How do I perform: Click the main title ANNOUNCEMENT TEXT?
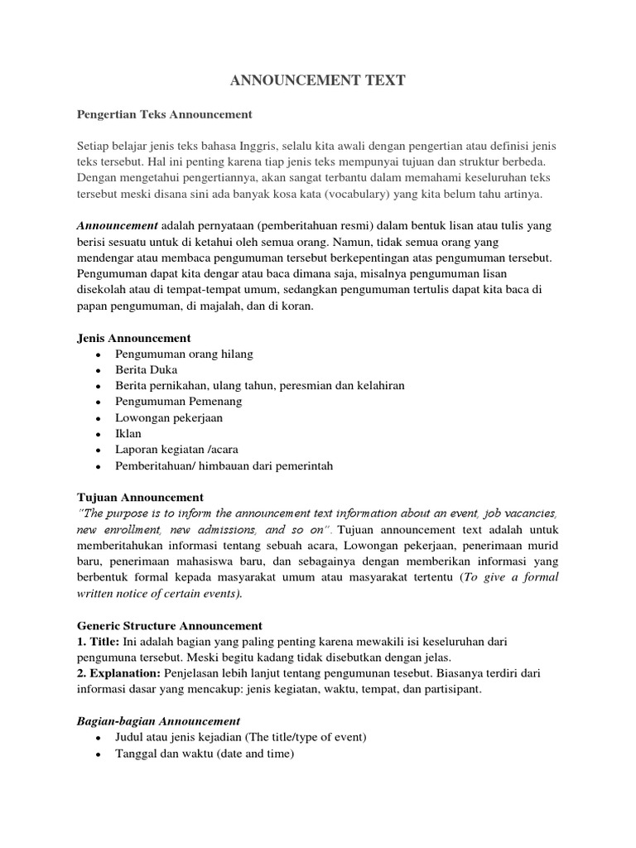[317, 80]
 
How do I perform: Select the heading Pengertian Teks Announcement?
[164, 114]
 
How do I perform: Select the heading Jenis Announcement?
[133, 338]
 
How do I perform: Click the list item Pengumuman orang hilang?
[184, 354]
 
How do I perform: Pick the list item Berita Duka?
[146, 370]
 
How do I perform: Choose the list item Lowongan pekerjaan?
[169, 418]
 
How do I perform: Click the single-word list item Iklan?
[128, 434]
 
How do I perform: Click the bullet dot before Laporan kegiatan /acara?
[99, 450]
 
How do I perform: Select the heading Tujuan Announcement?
[139, 498]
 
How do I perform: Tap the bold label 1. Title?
[98, 642]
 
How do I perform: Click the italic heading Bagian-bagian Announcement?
[158, 721]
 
